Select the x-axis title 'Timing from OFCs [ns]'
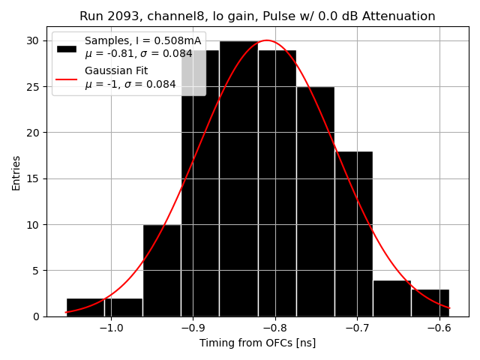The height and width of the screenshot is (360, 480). pyautogui.click(x=257, y=343)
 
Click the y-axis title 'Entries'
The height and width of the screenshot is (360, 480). pyautogui.click(x=16, y=173)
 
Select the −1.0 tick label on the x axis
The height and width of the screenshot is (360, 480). pyautogui.click(x=110, y=328)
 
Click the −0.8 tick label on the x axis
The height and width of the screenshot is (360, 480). pyautogui.click(x=274, y=328)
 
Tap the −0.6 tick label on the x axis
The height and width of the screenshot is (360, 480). pyautogui.click(x=438, y=328)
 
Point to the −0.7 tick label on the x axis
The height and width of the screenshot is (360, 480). pyautogui.click(x=356, y=328)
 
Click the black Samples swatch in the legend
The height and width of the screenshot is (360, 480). pyautogui.click(x=67, y=48)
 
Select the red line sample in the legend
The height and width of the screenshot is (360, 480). pyautogui.click(x=67, y=78)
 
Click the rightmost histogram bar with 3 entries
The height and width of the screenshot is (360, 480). pyautogui.click(x=430, y=302)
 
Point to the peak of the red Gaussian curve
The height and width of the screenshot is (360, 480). pyautogui.click(x=266, y=40)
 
